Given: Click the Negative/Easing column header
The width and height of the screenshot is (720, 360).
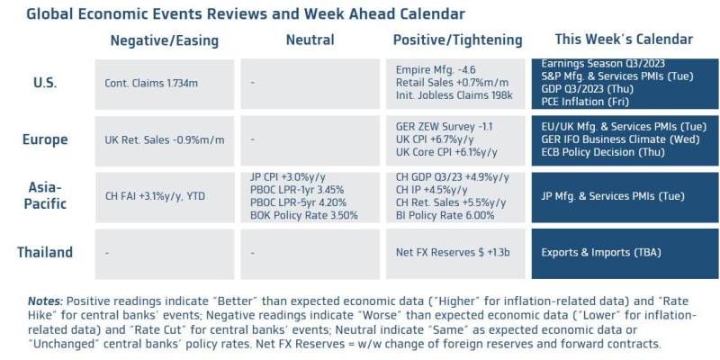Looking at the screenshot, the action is [165, 40].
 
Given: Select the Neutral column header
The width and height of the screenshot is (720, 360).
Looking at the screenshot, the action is [310, 40].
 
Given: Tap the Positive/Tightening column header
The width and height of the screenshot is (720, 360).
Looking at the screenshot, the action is [458, 40].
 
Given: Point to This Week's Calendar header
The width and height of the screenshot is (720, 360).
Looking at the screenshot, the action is [624, 39].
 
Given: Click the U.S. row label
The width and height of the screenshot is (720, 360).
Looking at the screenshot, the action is [45, 84].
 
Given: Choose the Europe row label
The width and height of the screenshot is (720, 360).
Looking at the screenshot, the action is [45, 139].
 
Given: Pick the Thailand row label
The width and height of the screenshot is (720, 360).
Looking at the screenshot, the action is [45, 252].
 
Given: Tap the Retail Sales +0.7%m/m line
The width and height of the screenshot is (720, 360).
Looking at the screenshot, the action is [453, 83].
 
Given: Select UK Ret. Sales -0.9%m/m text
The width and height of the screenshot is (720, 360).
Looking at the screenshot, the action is [165, 140].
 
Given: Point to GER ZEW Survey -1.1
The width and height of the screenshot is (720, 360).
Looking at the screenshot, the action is [444, 126].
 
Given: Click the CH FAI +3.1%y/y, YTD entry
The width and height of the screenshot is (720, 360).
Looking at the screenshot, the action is [155, 196].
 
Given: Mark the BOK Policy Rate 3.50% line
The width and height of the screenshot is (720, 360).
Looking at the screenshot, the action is [304, 215].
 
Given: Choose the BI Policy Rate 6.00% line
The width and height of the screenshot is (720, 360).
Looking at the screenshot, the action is [445, 215].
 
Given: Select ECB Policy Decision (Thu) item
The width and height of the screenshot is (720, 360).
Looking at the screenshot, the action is [603, 152].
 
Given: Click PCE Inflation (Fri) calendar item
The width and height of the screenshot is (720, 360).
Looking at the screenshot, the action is [585, 102].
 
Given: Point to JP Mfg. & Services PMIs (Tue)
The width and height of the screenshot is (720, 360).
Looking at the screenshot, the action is [613, 196].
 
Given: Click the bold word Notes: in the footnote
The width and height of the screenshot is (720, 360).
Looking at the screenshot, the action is [46, 301].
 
